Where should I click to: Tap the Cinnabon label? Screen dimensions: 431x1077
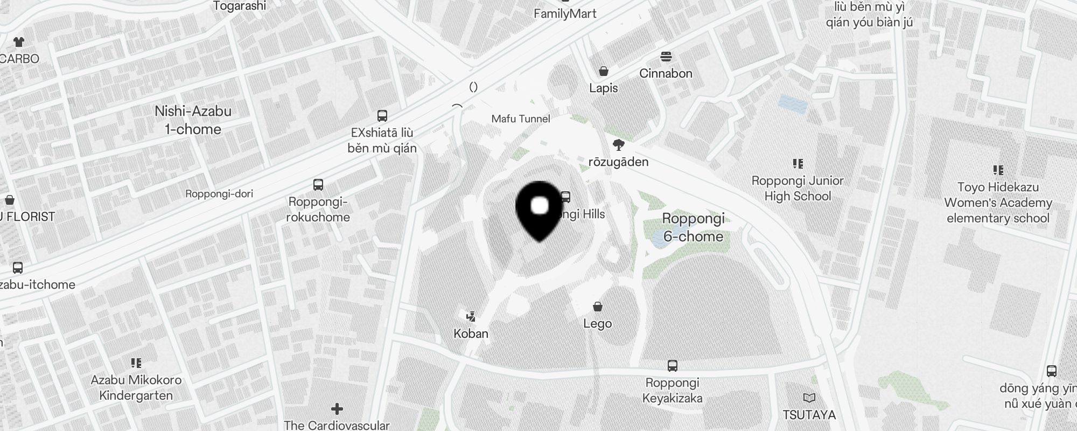666,73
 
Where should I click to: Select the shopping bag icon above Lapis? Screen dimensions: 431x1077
604,71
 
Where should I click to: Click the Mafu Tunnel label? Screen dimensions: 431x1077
521,119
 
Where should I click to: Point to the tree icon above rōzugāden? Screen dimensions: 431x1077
619,144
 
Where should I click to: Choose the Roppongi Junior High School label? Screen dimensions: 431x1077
798,189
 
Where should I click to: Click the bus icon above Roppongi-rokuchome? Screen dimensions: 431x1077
318,185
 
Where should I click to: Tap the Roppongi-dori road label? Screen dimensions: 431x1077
219,194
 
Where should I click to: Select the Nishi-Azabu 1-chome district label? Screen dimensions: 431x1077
193,120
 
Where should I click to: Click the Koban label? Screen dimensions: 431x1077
471,333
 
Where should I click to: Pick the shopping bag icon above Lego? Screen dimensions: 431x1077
597,307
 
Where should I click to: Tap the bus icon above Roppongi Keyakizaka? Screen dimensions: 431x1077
672,366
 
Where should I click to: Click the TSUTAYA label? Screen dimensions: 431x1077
809,415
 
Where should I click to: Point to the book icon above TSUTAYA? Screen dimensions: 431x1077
809,398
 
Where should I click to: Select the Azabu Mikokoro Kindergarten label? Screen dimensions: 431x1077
136,388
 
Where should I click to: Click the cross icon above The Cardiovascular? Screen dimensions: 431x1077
337,409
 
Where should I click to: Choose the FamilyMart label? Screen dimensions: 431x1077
565,14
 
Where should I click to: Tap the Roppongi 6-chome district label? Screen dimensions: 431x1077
693,227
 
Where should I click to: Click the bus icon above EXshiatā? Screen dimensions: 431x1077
382,115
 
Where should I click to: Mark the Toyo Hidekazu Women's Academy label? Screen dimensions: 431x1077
998,203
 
